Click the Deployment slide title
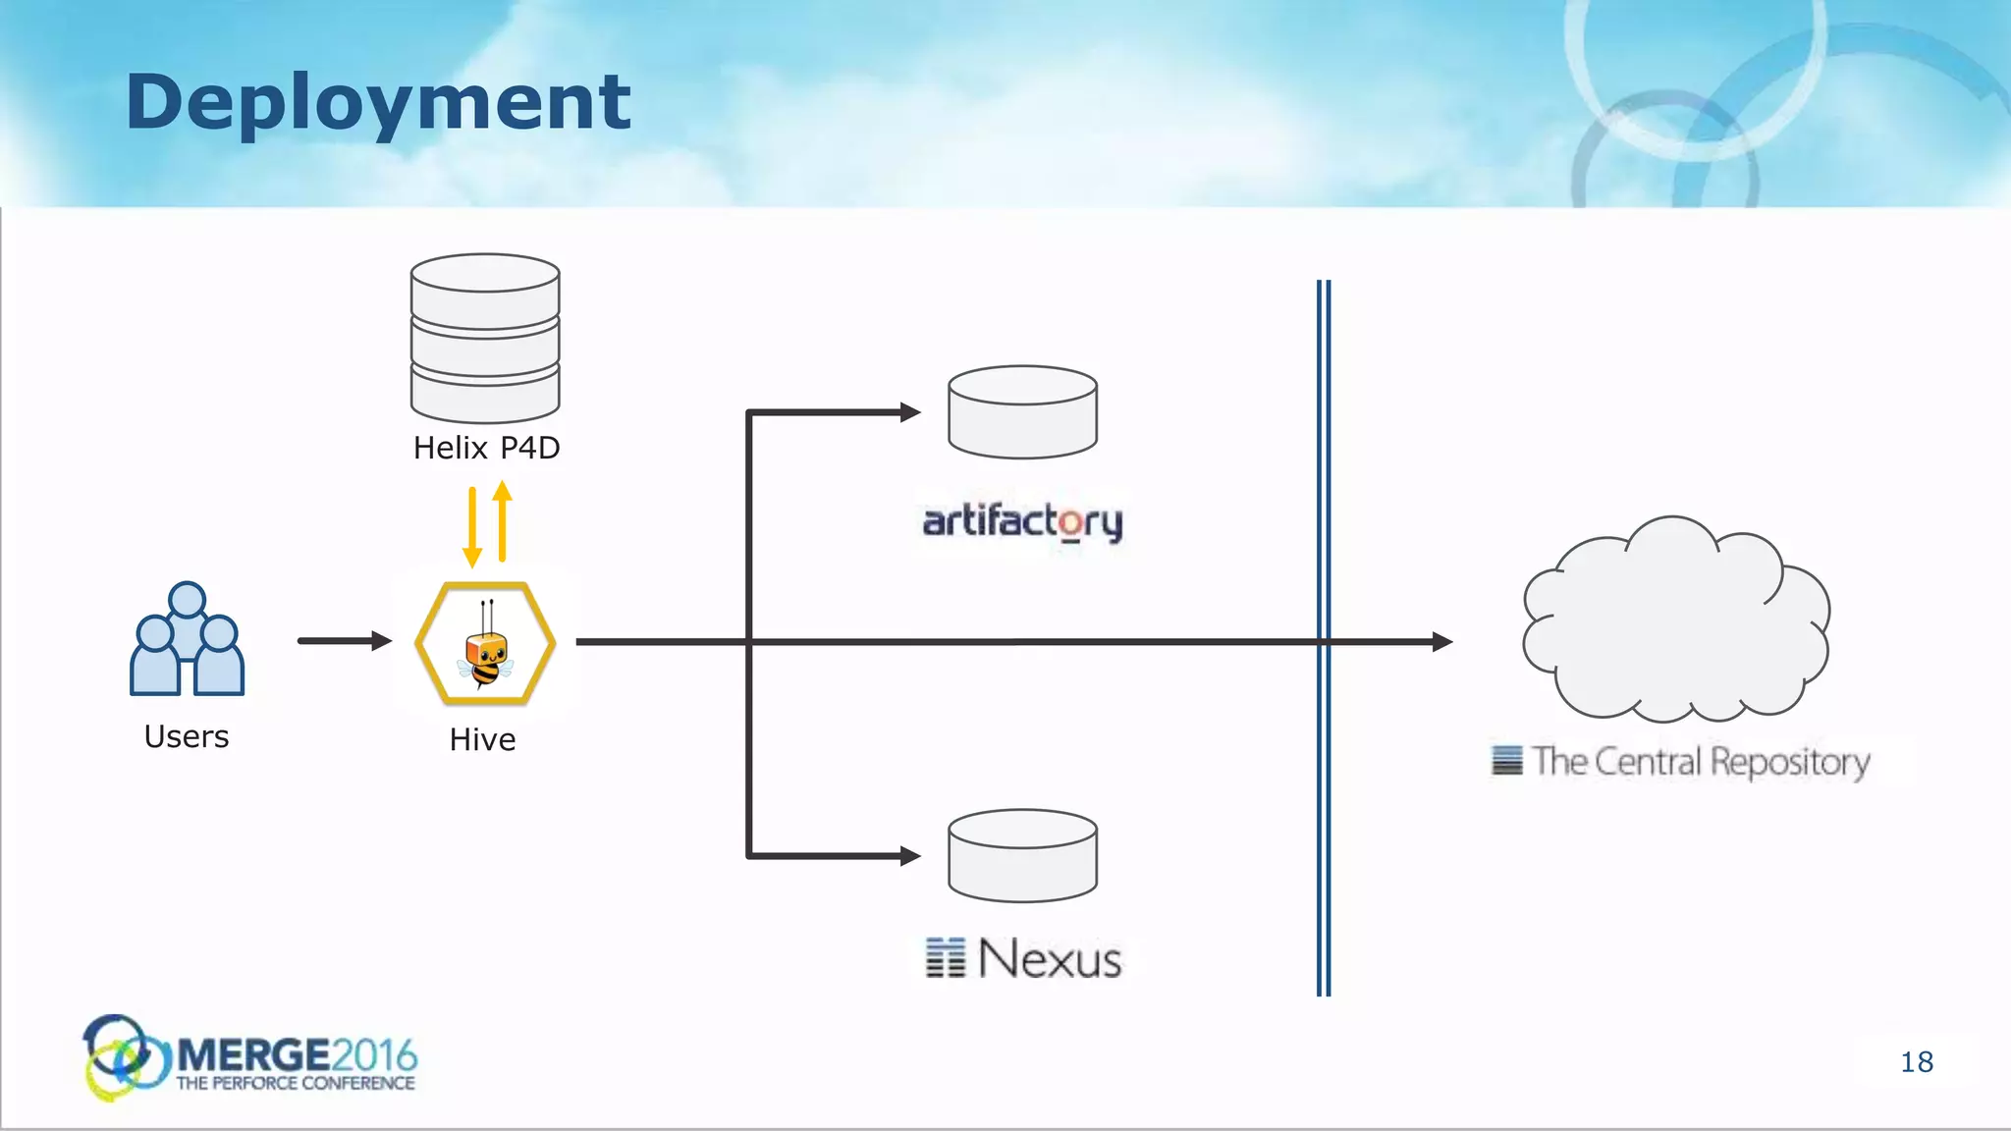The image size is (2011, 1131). [378, 102]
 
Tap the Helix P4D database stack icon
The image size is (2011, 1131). [485, 338]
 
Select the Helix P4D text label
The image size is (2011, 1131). [486, 448]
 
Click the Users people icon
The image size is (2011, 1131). [187, 639]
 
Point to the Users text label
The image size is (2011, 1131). [187, 736]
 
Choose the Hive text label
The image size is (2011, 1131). [482, 739]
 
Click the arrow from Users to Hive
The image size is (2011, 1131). [344, 641]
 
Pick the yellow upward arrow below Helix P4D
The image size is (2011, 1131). [503, 520]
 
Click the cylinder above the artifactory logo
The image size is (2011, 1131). [1022, 412]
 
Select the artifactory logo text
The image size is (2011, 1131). [1022, 521]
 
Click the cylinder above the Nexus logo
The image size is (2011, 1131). [1022, 855]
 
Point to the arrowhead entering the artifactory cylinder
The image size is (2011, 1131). [910, 412]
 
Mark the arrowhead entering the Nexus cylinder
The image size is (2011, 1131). [910, 856]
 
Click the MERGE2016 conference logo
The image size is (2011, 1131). [250, 1058]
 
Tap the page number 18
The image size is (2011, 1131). [1917, 1062]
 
